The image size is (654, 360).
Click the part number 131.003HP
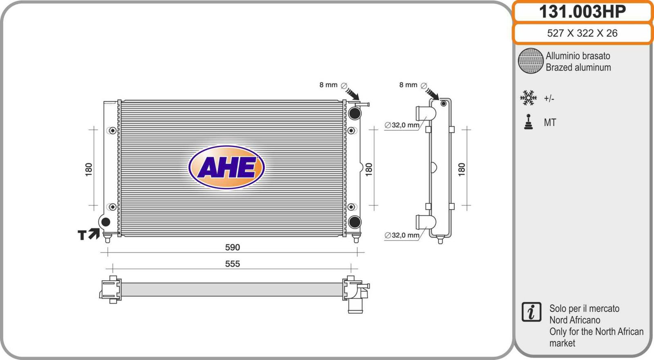(x=582, y=12)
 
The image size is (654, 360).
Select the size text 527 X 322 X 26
(x=582, y=33)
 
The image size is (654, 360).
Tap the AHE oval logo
(x=226, y=167)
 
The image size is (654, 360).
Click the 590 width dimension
(x=233, y=247)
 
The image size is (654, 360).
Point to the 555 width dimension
(x=233, y=264)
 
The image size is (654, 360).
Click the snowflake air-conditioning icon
(x=528, y=98)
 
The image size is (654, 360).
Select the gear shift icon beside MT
(x=529, y=122)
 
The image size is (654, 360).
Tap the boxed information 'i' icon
(x=531, y=312)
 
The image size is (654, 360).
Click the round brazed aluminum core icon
(x=531, y=61)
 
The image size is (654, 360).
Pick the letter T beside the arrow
(x=82, y=235)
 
